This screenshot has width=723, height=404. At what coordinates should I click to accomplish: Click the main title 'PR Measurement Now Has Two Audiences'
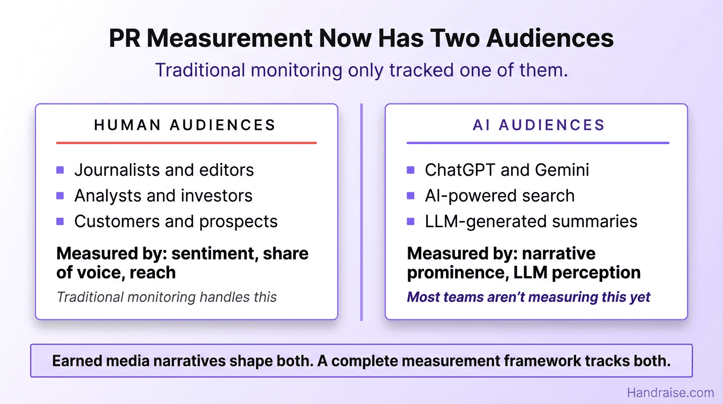point(361,39)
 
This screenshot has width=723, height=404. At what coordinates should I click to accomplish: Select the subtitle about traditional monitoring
point(361,70)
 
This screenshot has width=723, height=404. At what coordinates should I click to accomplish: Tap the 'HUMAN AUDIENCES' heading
point(185,125)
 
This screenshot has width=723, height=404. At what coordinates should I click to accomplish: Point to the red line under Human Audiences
point(186,143)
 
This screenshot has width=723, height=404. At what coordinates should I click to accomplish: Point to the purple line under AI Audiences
point(538,143)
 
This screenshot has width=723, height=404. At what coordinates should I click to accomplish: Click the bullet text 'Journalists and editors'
point(164,170)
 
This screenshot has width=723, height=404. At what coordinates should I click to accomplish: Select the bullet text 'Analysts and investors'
point(163,196)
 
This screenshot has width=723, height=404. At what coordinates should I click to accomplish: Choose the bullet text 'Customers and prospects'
point(176,221)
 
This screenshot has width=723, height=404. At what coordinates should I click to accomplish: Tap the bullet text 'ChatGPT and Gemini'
point(507,170)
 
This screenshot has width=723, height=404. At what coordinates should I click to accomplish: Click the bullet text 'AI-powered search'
point(499,196)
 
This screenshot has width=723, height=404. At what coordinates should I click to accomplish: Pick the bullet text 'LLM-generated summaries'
point(531,221)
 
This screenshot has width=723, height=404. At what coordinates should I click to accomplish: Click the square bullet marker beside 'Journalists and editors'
point(60,170)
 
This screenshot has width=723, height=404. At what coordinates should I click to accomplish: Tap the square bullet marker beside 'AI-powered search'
point(411,196)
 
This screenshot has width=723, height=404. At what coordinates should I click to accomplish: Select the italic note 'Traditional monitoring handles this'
point(167,297)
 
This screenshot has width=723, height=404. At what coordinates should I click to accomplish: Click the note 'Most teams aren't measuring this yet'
point(529,297)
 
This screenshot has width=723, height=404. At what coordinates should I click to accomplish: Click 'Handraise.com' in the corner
point(670,392)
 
